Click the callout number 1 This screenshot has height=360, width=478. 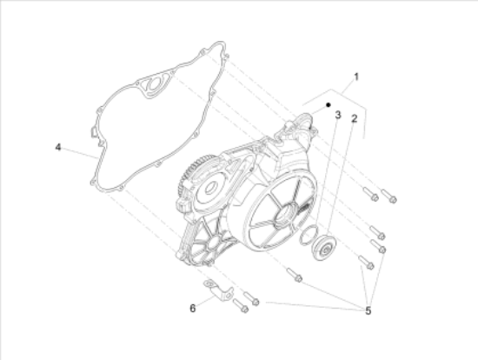coord(356,77)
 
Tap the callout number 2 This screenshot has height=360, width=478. coord(354,118)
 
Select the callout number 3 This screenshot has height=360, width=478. coord(338,115)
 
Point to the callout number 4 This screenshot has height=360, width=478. coord(58,147)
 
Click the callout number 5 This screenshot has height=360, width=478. coord(368,311)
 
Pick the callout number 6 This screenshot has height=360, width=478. coord(193,309)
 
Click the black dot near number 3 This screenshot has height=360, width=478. coord(329,105)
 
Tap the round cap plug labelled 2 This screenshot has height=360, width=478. coord(323,248)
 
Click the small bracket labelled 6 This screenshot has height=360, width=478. coord(218,290)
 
